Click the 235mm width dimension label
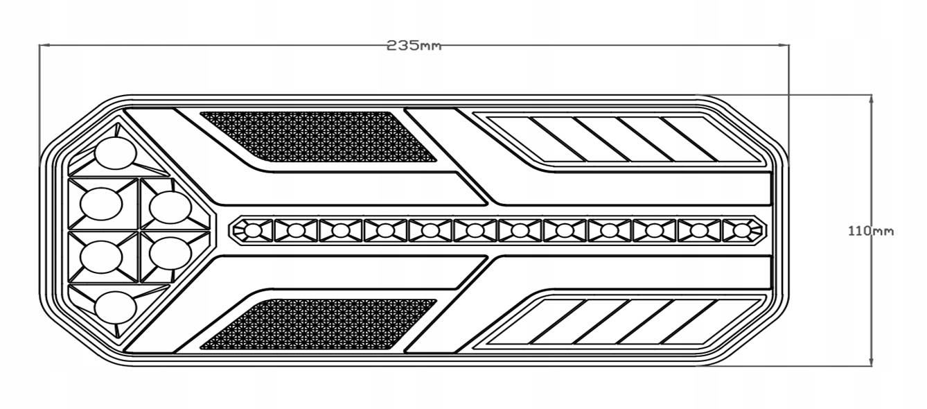[414, 46]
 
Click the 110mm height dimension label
[870, 231]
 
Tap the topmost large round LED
[115, 153]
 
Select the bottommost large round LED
[115, 307]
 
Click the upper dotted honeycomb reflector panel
[317, 136]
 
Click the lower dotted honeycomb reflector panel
[317, 324]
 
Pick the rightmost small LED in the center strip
[742, 229]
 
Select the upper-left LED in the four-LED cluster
[102, 204]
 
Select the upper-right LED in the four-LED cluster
[170, 207]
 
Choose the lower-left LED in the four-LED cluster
[102, 257]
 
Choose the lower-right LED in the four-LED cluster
[170, 254]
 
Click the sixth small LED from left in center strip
[475, 229]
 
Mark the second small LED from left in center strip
[296, 229]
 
